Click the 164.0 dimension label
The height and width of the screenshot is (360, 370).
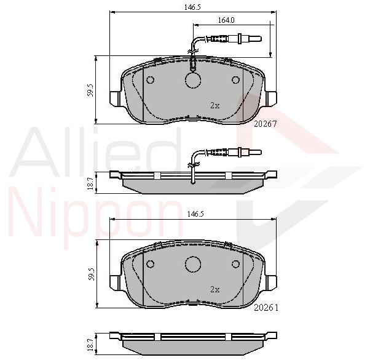tap(226, 20)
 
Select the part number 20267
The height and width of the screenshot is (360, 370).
tap(266, 124)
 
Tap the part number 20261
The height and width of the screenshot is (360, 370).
tap(266, 308)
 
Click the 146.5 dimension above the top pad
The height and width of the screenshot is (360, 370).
tap(192, 7)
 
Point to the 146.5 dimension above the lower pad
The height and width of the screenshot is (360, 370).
tap(195, 214)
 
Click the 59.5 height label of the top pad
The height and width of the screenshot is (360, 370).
tap(90, 90)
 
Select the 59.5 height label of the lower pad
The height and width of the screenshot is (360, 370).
tap(92, 274)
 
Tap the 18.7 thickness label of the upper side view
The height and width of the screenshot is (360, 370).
tap(90, 183)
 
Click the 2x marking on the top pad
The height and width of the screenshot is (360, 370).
tap(215, 106)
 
